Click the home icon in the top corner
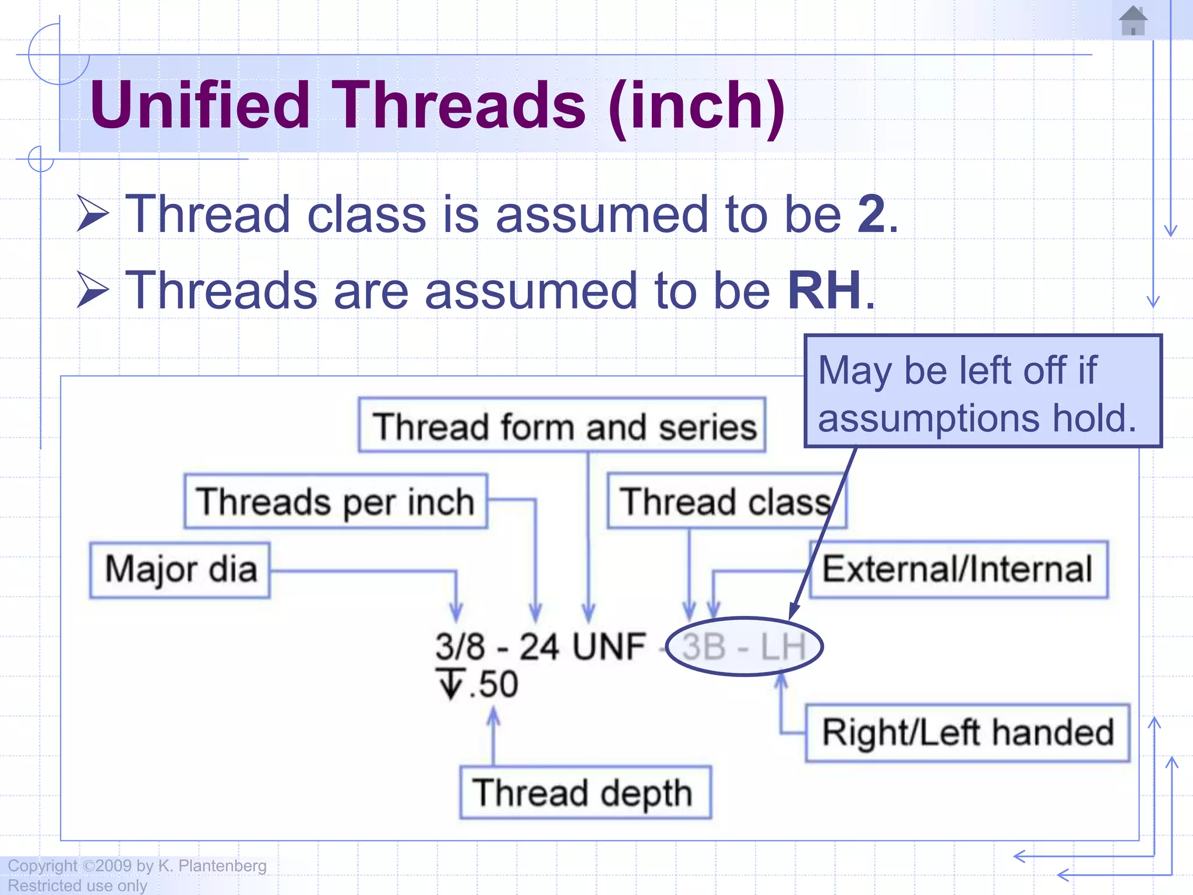(x=1133, y=21)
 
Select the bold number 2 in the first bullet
(x=871, y=214)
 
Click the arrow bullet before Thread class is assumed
(x=93, y=214)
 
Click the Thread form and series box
(x=562, y=426)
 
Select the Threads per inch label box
(x=336, y=502)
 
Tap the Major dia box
(x=180, y=570)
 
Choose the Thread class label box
(x=725, y=502)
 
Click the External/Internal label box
(x=958, y=569)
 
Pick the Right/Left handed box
(x=967, y=732)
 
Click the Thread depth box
(x=584, y=793)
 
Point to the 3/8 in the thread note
(x=460, y=646)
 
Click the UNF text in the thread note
(x=609, y=646)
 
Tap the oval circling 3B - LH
(x=744, y=646)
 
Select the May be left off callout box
(x=983, y=392)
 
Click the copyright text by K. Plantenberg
(x=137, y=866)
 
